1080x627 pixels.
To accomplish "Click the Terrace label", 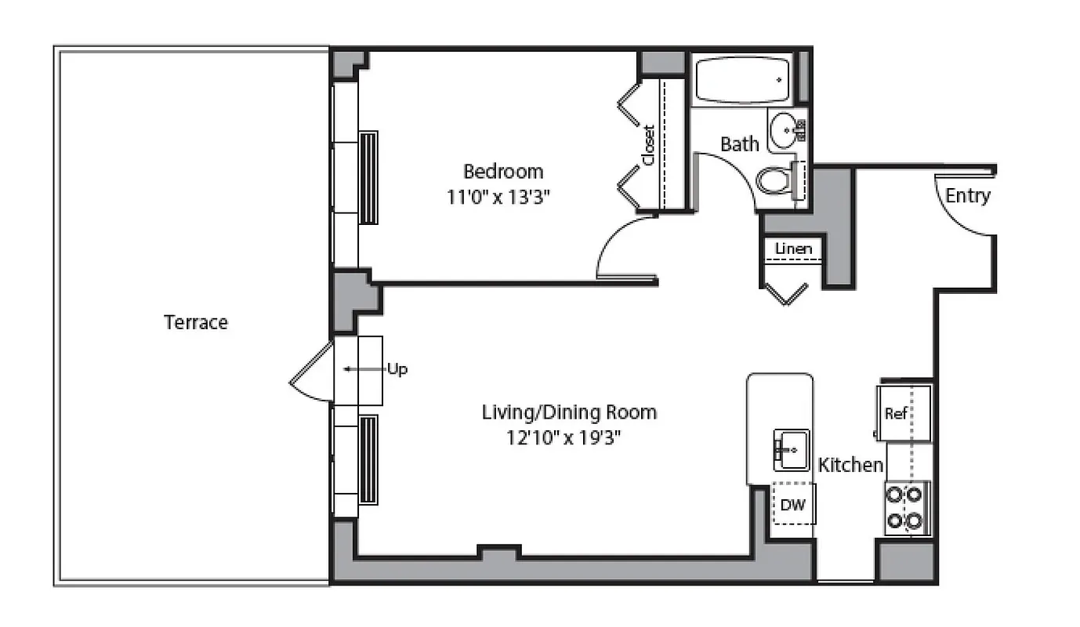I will [196, 322].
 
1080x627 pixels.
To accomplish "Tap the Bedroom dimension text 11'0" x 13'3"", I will [495, 196].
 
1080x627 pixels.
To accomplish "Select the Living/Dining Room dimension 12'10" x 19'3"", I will [569, 437].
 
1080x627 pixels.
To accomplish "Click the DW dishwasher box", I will [792, 505].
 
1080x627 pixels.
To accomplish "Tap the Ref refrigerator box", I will [896, 413].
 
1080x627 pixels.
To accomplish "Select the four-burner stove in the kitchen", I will [905, 508].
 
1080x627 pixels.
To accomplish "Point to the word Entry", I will [968, 196].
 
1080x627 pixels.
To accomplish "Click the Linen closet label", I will [793, 250].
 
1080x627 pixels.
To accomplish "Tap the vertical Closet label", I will [648, 145].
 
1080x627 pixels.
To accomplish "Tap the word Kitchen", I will [850, 465].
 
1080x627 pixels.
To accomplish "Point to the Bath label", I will [739, 144].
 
